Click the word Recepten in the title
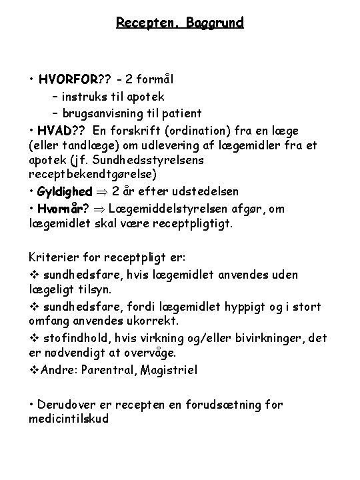141,23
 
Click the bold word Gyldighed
65,193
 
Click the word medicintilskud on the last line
69,419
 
